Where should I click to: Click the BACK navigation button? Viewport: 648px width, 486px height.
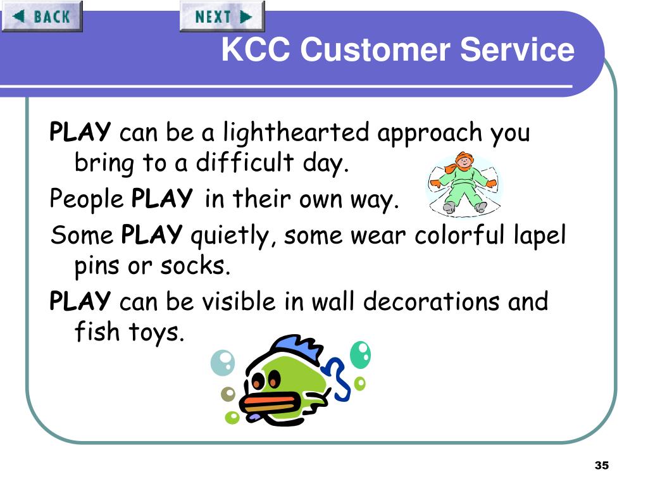click(x=42, y=16)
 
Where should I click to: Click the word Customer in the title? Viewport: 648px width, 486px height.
click(x=375, y=49)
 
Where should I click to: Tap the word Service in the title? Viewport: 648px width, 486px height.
click(x=517, y=49)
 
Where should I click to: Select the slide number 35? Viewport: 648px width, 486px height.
click(x=602, y=465)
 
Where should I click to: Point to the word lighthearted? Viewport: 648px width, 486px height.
click(x=296, y=133)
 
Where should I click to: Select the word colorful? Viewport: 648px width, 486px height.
click(x=459, y=235)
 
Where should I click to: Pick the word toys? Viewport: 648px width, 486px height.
click(x=156, y=332)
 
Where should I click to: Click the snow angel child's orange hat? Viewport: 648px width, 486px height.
click(x=464, y=158)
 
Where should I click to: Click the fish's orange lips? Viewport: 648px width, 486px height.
click(x=270, y=403)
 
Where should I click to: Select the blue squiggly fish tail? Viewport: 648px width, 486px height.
click(x=338, y=378)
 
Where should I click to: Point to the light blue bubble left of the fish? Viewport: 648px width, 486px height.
click(x=223, y=363)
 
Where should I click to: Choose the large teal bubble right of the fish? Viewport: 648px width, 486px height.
click(x=360, y=354)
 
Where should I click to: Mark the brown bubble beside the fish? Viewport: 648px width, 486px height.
click(x=228, y=394)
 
